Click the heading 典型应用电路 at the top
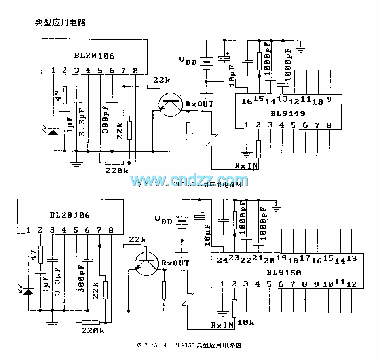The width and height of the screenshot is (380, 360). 61,23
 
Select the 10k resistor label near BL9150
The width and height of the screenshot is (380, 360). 246,322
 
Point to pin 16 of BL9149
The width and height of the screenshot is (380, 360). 246,101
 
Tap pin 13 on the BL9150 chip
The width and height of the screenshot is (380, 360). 351,258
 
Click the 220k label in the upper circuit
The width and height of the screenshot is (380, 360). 117,171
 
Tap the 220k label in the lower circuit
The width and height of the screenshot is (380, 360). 93,330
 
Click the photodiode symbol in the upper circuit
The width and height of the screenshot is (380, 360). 52,131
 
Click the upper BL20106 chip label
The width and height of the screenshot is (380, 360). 94,55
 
